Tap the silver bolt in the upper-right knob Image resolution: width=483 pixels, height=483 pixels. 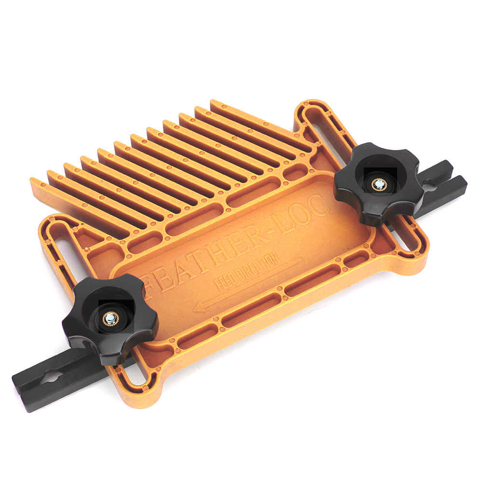tap(378, 184)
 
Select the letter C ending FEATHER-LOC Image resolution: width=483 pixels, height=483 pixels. tap(317, 206)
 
